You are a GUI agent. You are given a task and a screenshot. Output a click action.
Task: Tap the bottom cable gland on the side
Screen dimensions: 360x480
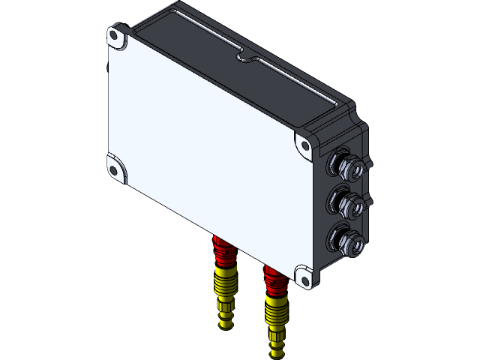pyautogui.click(x=346, y=241)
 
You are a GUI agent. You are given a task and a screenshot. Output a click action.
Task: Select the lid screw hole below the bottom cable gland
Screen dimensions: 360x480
pyautogui.click(x=304, y=276)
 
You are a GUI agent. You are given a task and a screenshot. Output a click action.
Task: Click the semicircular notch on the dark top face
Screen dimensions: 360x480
pyautogui.click(x=244, y=55)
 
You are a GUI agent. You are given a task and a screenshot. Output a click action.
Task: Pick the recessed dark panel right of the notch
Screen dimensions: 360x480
pyautogui.click(x=292, y=82)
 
